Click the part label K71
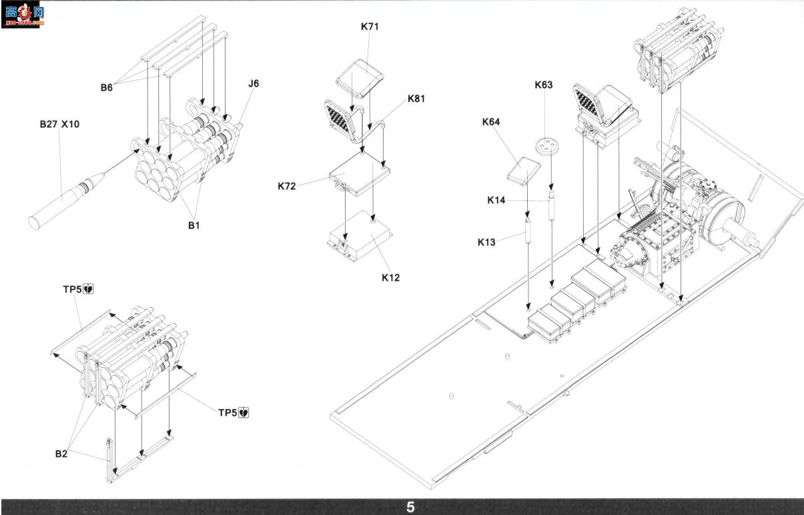coord(370,27)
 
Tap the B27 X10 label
coord(59,124)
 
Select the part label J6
coord(254,83)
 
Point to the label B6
coord(107,87)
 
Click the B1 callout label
coord(193,225)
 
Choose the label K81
coord(416,99)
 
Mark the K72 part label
coord(286,186)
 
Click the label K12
coord(390,278)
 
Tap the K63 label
coord(543,85)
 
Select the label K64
coord(490,122)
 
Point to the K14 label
coord(496,200)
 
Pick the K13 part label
coord(486,242)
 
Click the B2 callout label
coord(61,454)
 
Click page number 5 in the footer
coord(410,508)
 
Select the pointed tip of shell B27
coord(103,174)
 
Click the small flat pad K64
coord(524,171)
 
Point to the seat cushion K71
coord(360,79)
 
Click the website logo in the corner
coord(22,15)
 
